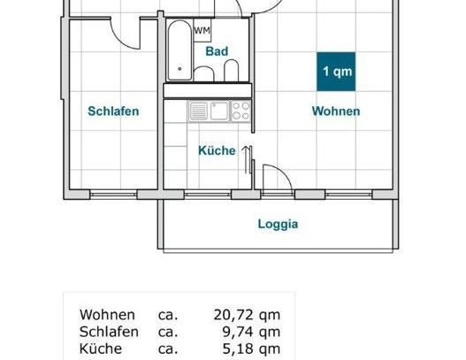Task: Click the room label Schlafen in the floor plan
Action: click(113, 111)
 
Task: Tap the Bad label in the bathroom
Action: click(217, 52)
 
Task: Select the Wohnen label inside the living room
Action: click(335, 111)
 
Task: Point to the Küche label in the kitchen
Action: click(217, 150)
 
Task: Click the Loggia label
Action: click(278, 224)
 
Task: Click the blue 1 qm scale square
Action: click(335, 72)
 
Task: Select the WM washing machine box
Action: click(202, 32)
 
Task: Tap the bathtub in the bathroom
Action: click(179, 51)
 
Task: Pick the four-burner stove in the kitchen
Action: click(240, 111)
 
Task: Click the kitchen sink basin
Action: click(217, 111)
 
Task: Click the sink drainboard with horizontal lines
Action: click(197, 111)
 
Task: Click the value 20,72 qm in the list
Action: click(247, 315)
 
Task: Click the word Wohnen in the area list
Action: click(107, 315)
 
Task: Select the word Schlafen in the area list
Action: click(110, 332)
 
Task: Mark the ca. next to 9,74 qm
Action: click(168, 332)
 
